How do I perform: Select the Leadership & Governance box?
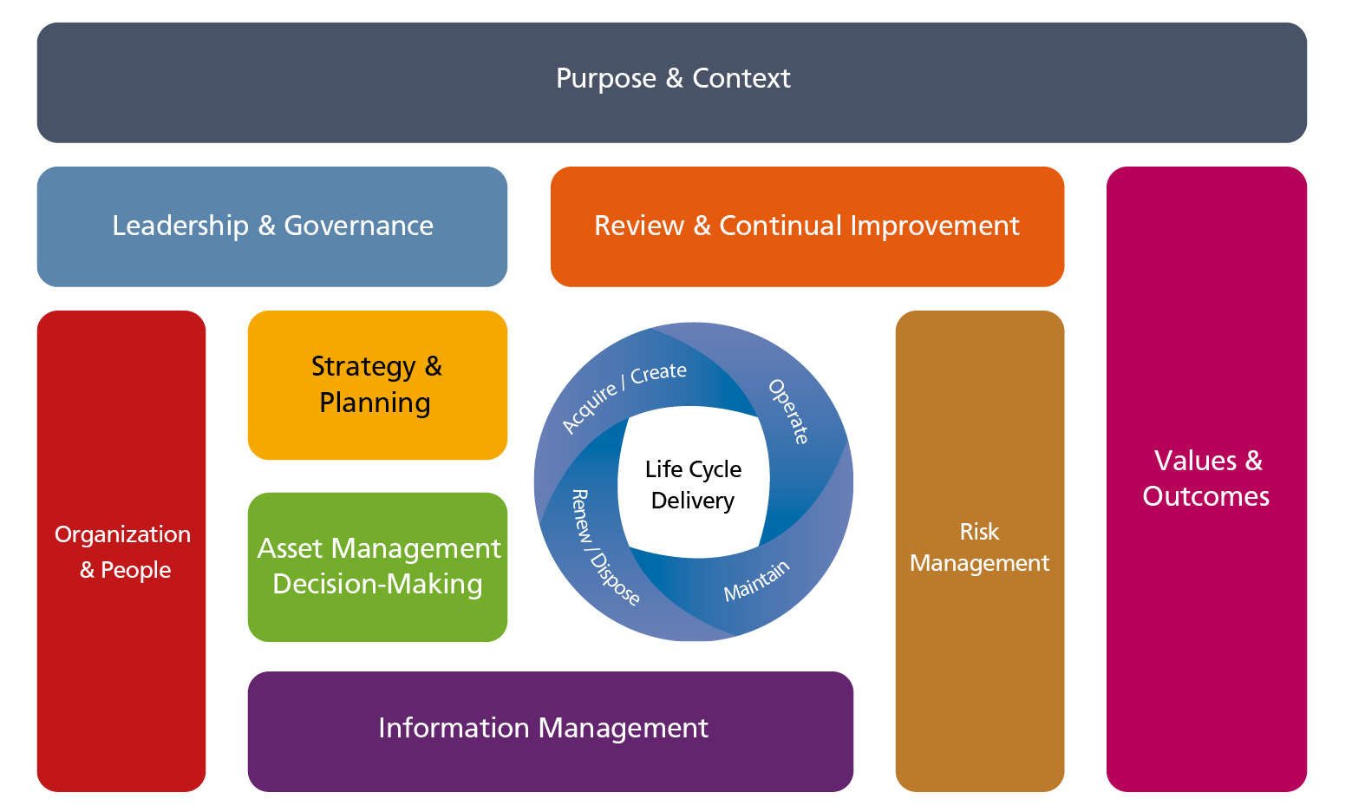(x=272, y=226)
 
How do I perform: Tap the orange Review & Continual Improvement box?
(x=807, y=226)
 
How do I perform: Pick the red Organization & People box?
(x=121, y=552)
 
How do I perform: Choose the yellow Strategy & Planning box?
(x=376, y=384)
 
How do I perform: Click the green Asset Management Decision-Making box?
(x=377, y=566)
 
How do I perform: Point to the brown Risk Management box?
(x=979, y=548)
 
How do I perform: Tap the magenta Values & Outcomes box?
(x=1206, y=478)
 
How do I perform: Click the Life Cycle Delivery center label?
(x=693, y=485)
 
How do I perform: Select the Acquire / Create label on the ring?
(x=624, y=396)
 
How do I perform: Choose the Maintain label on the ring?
(x=757, y=580)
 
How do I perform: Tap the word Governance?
(x=358, y=226)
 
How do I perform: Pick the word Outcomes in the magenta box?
(x=1205, y=496)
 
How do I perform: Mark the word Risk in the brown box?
(x=979, y=532)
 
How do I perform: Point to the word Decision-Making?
(x=377, y=585)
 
